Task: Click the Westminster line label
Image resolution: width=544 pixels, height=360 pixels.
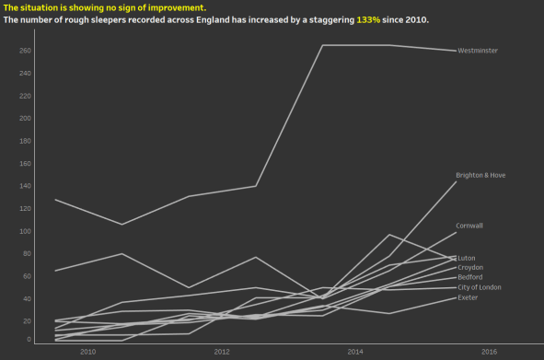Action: pos(479,51)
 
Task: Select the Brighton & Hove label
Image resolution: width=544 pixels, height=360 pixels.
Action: pos(480,175)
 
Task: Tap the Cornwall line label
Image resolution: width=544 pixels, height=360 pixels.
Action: pos(469,226)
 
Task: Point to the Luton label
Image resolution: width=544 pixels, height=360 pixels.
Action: pos(467,258)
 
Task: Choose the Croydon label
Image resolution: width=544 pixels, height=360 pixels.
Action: pos(470,267)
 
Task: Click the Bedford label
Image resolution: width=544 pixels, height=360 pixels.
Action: pos(469,277)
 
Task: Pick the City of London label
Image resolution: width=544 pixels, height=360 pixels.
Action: pos(480,287)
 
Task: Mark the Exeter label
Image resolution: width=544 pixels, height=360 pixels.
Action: pos(468,297)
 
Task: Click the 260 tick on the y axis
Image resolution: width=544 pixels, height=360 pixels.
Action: pos(25,51)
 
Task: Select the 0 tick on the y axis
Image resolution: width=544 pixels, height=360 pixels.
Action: pos(29,340)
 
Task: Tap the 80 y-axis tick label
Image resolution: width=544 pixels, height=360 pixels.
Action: pos(27,253)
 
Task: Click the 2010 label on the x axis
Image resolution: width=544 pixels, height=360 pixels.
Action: pos(88,352)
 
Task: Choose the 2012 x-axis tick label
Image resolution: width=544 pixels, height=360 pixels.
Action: pos(222,352)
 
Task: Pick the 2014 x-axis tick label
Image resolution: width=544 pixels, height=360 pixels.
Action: pos(355,352)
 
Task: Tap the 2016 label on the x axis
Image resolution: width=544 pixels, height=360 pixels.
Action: pos(489,352)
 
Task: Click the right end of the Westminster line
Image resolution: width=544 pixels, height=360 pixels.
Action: pos(455,51)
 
